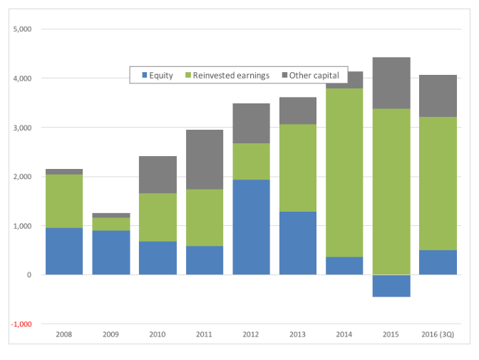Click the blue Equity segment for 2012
pos(251,227)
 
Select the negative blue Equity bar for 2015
pos(391,286)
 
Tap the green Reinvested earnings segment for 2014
pos(344,173)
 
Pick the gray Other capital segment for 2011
pos(205,160)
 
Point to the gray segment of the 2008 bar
pos(64,172)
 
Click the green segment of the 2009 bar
pos(111,224)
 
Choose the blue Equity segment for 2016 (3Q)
pos(438,262)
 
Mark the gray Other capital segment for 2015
pos(391,83)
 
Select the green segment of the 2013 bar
pos(298,168)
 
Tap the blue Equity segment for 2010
pos(158,258)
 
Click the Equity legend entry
pos(158,75)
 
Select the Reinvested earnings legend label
pos(231,75)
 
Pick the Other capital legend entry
pos(310,75)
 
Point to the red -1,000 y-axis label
pos(21,324)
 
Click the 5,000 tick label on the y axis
pos(22,29)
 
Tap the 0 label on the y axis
pos(29,274)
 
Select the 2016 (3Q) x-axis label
pos(438,334)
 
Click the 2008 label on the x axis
pos(64,334)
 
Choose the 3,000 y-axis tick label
pos(22,128)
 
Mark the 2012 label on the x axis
pos(251,334)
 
